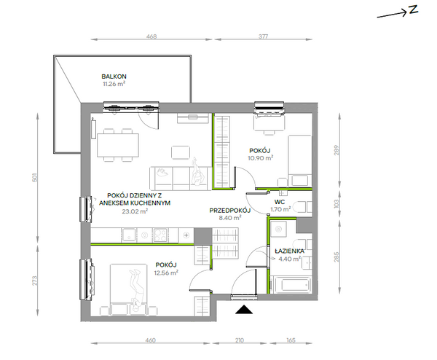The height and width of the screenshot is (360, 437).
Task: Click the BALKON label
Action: [114, 77]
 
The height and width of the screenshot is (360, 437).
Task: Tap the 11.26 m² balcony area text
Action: [114, 84]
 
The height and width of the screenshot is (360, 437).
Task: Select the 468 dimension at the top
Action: [151, 36]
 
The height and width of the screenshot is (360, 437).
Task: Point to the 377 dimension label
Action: [263, 36]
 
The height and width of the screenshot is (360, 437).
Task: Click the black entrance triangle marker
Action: [244, 310]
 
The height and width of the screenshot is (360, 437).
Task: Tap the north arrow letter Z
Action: [414, 9]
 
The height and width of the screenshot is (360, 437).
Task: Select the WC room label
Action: [280, 202]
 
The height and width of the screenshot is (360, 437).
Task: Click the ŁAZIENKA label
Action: [289, 251]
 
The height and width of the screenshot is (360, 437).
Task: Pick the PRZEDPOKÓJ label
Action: [230, 211]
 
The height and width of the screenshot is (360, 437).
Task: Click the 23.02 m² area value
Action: [135, 211]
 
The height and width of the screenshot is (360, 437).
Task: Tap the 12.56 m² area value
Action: [166, 273]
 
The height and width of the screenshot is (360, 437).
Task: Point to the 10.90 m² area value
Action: [260, 158]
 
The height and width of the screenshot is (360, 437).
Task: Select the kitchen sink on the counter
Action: [129, 235]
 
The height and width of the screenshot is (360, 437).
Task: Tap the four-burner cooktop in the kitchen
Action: [160, 235]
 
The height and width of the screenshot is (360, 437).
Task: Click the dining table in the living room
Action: [118, 145]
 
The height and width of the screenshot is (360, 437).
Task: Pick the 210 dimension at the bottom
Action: [240, 340]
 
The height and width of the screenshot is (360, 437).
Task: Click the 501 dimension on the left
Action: [35, 178]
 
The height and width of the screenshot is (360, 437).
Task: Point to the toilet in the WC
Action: [303, 207]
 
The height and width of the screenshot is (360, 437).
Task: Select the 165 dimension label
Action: [291, 340]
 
